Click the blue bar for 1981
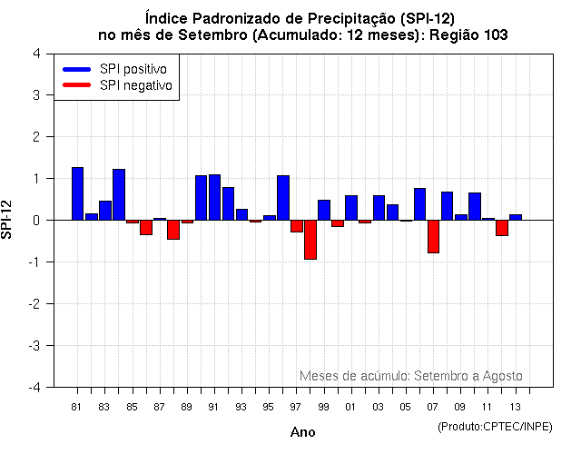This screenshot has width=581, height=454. tap(77, 193)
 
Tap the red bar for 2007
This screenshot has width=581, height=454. tap(433, 236)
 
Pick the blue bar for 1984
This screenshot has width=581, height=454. tap(119, 194)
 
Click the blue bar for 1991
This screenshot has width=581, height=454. tap(214, 197)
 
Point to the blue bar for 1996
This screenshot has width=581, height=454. tap(282, 198)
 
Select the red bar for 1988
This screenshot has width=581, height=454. tap(173, 230)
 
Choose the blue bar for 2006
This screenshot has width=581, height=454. tap(419, 204)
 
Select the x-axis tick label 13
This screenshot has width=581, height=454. tap(515, 406)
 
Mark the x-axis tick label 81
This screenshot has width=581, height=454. tap(78, 406)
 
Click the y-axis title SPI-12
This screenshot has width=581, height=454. tap(8, 220)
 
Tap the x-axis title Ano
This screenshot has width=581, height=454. tap(303, 433)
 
